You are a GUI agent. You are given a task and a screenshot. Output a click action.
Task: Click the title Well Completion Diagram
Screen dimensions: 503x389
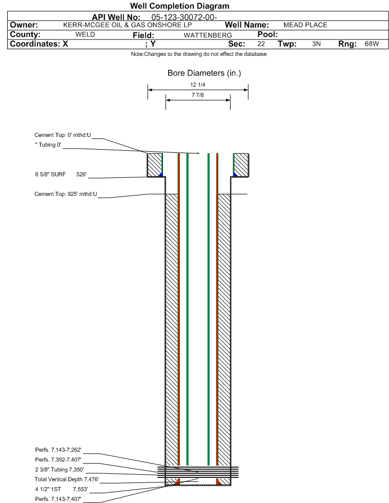179,6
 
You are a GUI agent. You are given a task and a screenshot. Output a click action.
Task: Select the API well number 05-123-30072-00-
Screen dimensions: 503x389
185,16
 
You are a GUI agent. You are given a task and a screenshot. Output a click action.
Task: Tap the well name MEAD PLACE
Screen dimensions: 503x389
305,25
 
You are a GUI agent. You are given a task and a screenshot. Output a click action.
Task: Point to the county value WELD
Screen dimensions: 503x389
85,34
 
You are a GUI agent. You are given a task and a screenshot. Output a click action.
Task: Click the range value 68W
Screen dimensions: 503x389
372,44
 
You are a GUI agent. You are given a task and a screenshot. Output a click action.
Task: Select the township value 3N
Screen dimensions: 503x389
316,44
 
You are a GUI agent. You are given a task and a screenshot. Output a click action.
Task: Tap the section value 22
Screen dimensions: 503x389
261,44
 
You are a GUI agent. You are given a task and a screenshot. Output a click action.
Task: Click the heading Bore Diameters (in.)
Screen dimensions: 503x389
204,73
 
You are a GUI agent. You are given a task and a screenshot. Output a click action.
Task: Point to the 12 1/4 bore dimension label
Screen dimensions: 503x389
197,85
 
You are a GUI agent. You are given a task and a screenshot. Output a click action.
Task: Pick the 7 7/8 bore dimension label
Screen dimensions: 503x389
197,95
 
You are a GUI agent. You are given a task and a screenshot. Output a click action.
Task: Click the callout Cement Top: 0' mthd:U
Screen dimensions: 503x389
63,135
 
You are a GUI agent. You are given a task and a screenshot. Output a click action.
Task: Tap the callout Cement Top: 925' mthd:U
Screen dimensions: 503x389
66,194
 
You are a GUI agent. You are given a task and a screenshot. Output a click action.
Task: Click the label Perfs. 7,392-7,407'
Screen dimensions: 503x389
58,459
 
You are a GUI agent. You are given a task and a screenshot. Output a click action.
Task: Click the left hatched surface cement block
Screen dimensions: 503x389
154,165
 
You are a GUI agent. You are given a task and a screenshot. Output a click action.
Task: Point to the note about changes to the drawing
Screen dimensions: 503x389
199,54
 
